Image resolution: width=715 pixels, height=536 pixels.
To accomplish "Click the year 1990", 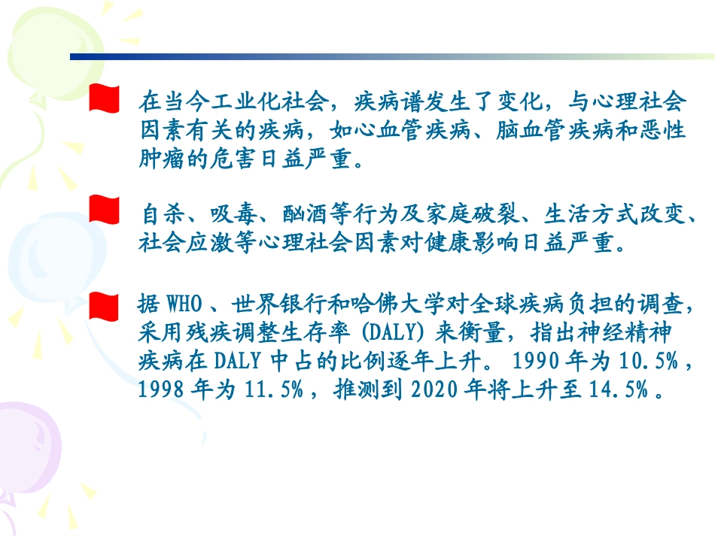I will (x=536, y=362).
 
